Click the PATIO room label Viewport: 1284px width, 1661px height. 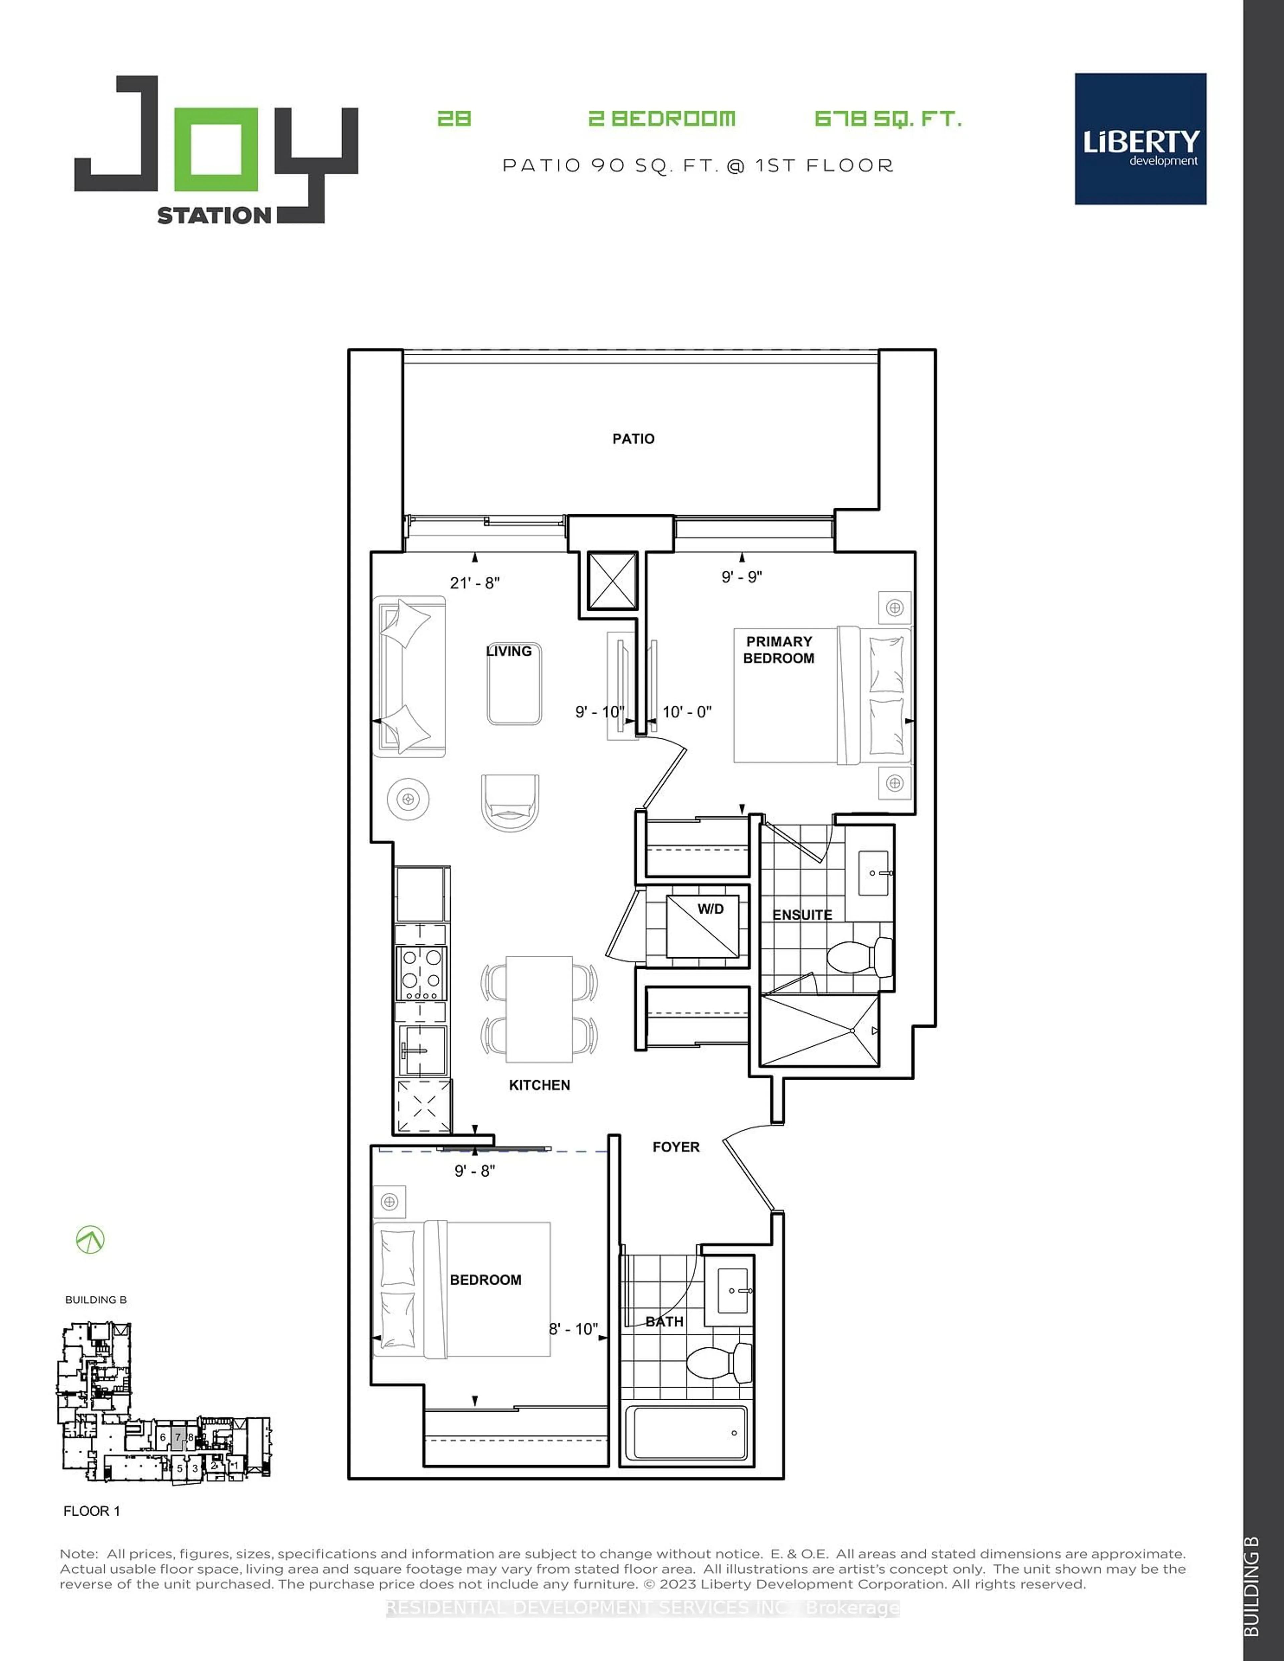[633, 439]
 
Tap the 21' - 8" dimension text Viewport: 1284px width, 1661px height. [475, 582]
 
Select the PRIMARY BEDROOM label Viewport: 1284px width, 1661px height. [778, 650]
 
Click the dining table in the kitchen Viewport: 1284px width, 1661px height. [539, 1008]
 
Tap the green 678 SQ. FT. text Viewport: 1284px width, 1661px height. [887, 119]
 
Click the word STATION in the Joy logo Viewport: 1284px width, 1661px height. [214, 216]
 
